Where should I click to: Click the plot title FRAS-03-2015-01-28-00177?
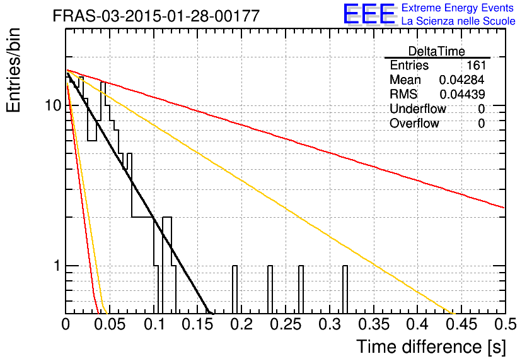point(156,16)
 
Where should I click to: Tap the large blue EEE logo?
point(369,14)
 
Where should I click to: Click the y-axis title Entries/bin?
point(13,70)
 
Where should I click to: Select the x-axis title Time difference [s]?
point(431,346)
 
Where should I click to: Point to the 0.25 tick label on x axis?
point(286,324)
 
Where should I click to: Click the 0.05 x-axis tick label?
point(110,324)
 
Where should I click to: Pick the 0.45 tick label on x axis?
point(461,324)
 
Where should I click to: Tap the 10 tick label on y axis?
point(53,105)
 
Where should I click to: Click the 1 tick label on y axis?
point(57,266)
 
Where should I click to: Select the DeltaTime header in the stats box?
point(436,51)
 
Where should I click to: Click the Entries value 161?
point(476,65)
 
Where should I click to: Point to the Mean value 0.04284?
point(462,80)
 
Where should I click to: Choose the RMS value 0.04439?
point(462,94)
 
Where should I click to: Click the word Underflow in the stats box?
point(418,109)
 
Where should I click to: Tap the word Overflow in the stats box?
point(414,123)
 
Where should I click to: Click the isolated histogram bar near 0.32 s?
point(345,289)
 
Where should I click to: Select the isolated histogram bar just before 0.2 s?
point(235,289)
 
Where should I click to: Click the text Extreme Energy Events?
point(458,8)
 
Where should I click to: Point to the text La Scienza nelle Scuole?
point(458,21)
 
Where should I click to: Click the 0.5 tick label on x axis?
point(506,324)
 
